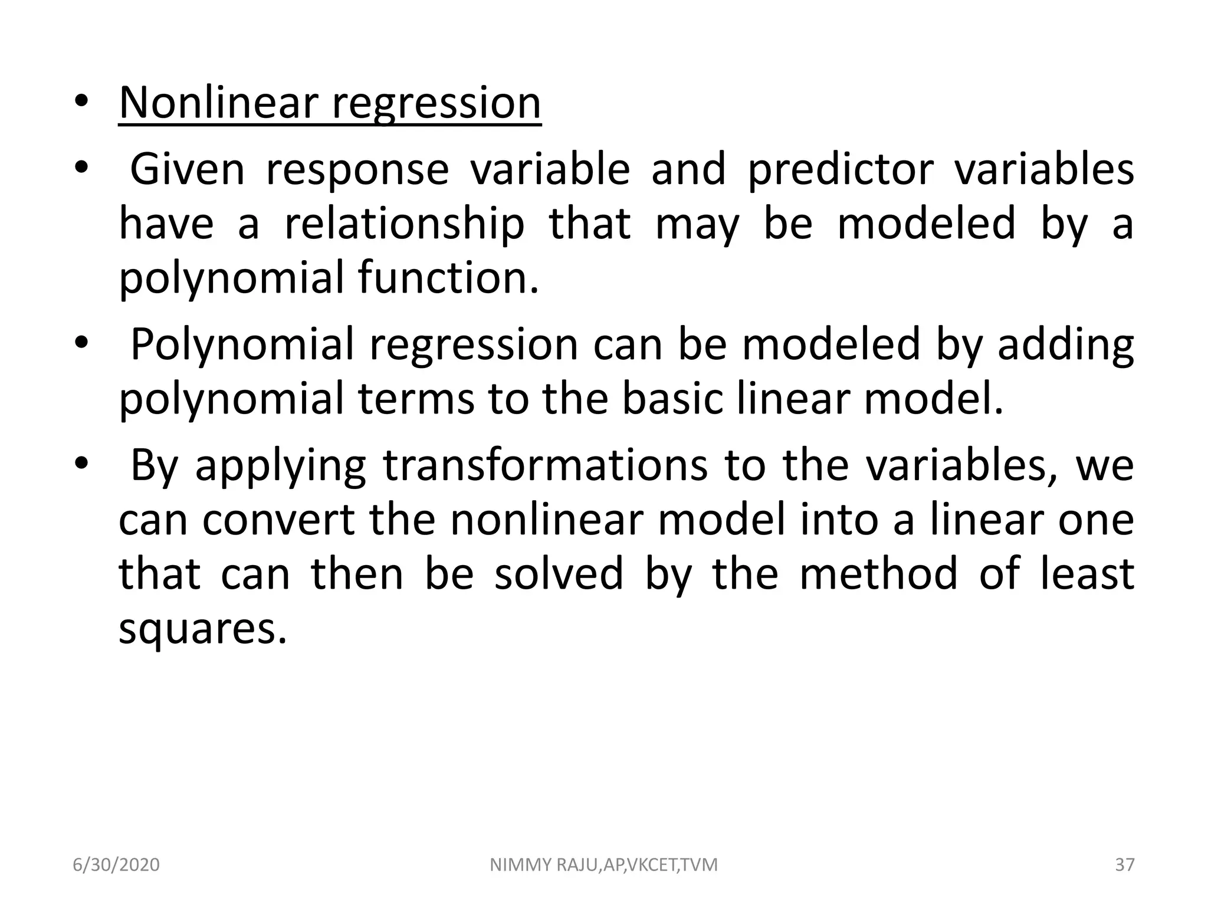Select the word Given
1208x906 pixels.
pos(186,169)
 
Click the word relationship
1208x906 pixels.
pos(404,225)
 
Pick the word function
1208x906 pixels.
pos(448,278)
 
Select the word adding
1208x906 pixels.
pos(1065,346)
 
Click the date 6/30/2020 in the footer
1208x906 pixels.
pos(116,865)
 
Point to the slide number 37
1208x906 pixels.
pos(1125,865)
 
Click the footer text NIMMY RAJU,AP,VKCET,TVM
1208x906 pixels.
pos(604,865)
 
